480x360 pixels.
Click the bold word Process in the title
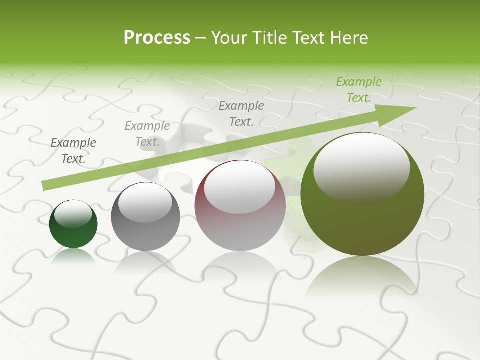(157, 37)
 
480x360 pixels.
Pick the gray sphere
(145, 235)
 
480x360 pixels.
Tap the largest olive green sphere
(362, 220)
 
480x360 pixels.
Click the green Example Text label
(359, 90)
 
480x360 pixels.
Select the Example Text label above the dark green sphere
(73, 151)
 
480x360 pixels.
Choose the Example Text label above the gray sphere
(147, 134)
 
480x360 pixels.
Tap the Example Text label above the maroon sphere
(241, 113)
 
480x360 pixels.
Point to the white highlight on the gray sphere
(145, 203)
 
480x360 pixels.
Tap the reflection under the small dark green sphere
(73, 256)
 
